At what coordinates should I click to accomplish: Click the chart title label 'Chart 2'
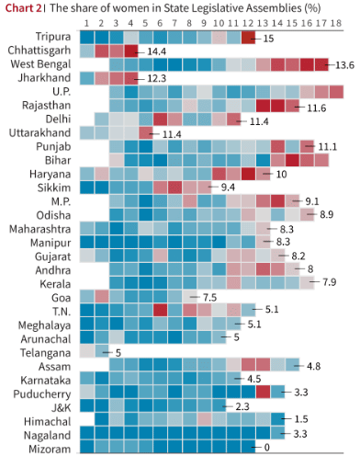coord(23,7)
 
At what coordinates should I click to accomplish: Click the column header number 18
coord(336,22)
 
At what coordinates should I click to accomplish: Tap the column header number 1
coord(86,22)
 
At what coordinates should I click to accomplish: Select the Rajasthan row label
coord(49,107)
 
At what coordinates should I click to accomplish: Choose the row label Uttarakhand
coord(45,134)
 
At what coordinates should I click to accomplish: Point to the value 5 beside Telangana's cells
coord(117,351)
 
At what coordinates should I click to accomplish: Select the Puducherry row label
coord(44,392)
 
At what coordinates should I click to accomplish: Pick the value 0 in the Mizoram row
coord(266,447)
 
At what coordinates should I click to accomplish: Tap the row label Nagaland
coord(48,433)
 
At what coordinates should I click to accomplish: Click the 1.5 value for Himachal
coord(299,419)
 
